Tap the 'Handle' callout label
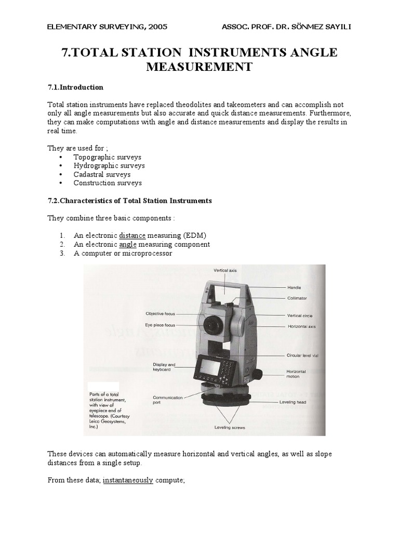[x=295, y=287]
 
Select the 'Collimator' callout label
[x=297, y=298]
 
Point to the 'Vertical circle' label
[x=300, y=315]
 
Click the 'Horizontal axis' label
[x=301, y=326]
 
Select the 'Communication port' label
[x=168, y=400]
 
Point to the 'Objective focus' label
[x=161, y=314]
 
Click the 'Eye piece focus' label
[x=161, y=325]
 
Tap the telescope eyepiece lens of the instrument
[x=211, y=325]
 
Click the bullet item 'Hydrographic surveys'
[x=109, y=166]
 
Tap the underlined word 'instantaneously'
[x=128, y=480]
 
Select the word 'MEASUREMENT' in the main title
[x=199, y=67]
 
